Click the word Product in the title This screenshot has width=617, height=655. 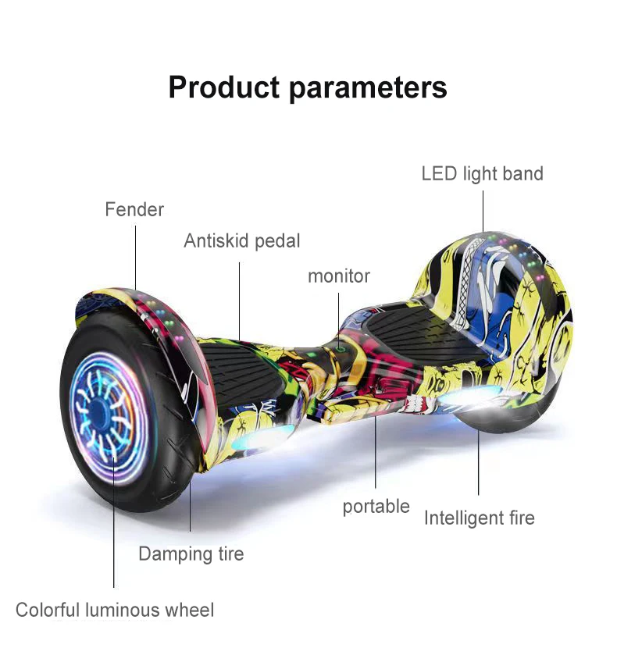coord(224,87)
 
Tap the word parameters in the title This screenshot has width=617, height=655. coord(369,87)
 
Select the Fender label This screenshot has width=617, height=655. coord(134,209)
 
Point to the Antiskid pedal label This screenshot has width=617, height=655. coord(242,241)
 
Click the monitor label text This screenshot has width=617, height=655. coord(338,276)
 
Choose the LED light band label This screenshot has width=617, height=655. coord(482,173)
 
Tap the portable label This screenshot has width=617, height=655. coord(376,506)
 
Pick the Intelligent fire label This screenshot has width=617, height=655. coord(479,518)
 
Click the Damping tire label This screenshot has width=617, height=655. coord(191,554)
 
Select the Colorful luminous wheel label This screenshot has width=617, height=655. coord(115,610)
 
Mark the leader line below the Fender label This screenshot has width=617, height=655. coord(134,258)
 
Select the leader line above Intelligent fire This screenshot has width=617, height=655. coord(479,461)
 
